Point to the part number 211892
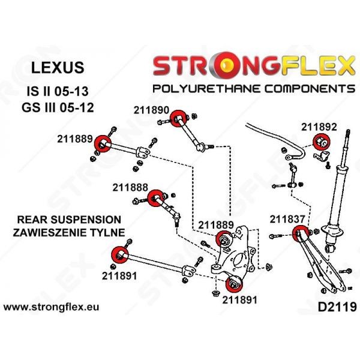319,127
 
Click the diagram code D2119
335,308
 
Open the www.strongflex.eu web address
52,308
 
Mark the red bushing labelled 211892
321,143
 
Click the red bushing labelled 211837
299,234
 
